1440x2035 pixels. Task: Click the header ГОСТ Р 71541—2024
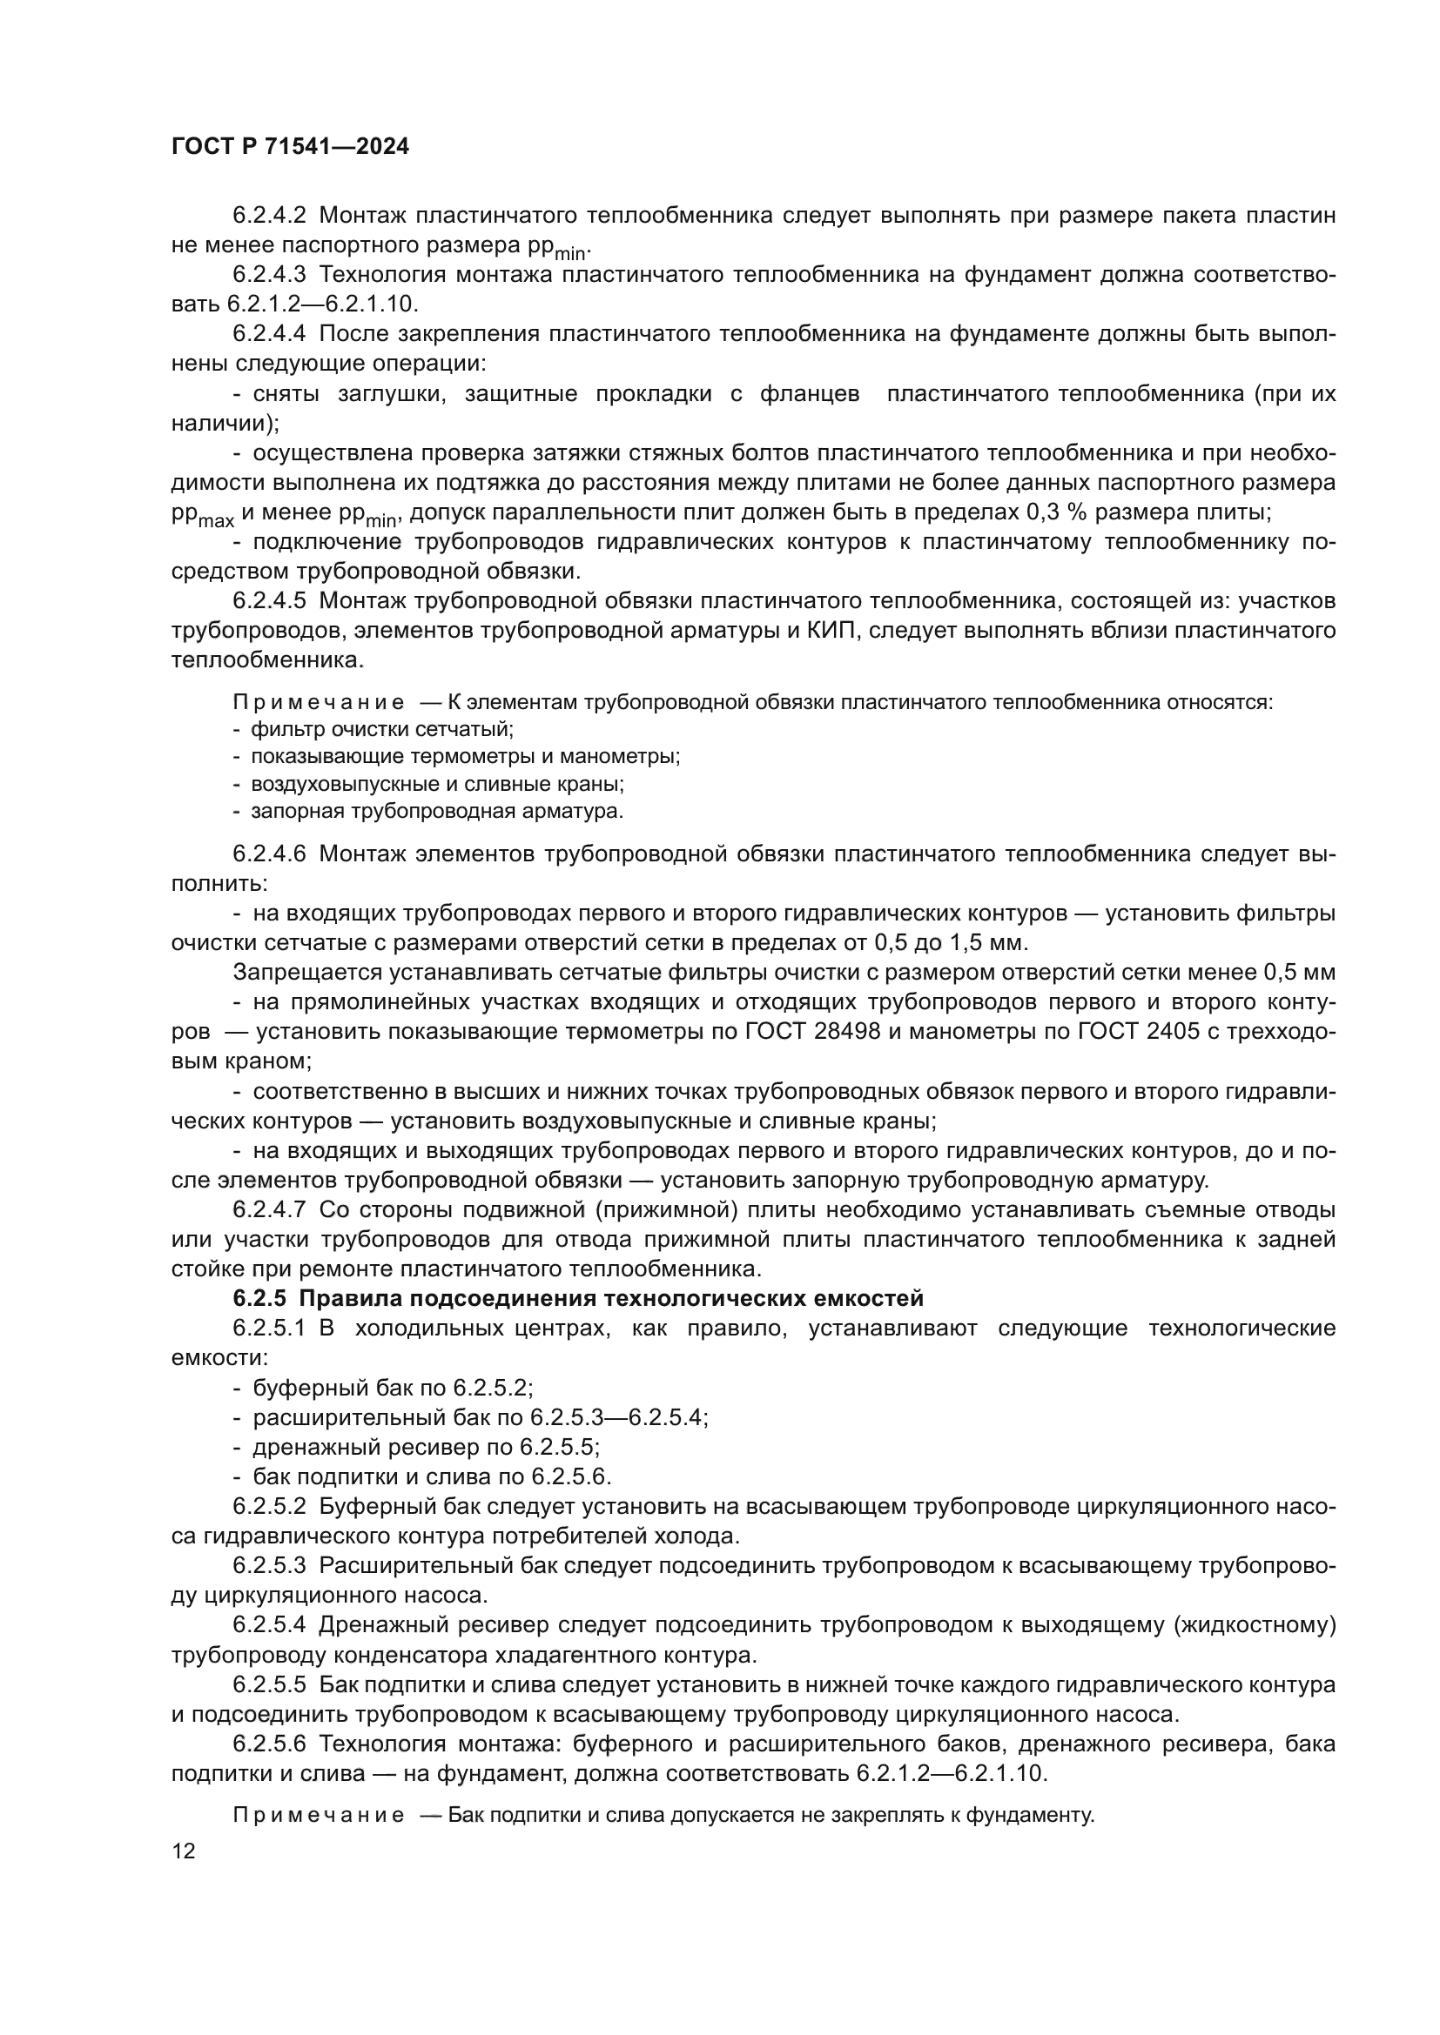click(290, 147)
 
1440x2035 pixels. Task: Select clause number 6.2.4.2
click(269, 216)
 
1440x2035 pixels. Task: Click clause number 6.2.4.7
click(269, 1210)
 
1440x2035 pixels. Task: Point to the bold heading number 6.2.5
click(259, 1298)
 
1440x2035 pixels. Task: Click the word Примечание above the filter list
click(319, 703)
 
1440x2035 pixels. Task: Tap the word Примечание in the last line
click(319, 1815)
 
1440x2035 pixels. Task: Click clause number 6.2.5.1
click(269, 1329)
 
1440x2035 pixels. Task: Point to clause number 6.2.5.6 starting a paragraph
click(269, 1744)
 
